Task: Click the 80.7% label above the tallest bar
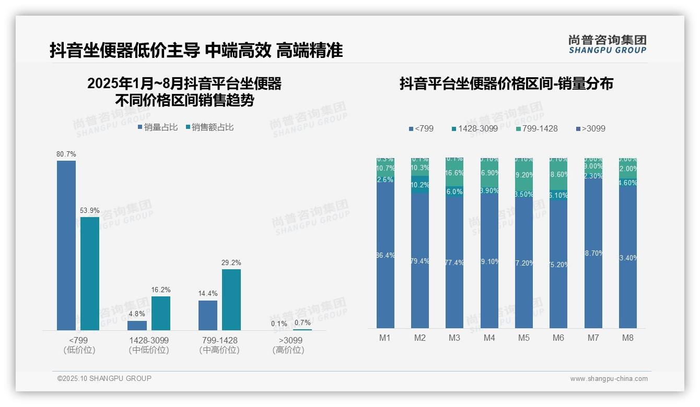tap(66, 154)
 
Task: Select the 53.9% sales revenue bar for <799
tap(90, 273)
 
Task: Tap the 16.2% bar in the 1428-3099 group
tap(161, 313)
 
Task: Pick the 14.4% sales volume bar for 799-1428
tap(208, 315)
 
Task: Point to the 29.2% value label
tap(231, 262)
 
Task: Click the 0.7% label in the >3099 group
tap(302, 322)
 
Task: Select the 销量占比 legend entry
tap(158, 127)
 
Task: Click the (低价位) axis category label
tap(79, 350)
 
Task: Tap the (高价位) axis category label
tap(288, 350)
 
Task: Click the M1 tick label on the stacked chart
tap(385, 338)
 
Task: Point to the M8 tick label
tap(628, 338)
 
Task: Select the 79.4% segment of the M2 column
tap(420, 261)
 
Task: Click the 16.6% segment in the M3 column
tap(454, 173)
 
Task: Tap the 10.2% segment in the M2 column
tap(420, 185)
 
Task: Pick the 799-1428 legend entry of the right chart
tap(537, 128)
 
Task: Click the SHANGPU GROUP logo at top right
tap(607, 44)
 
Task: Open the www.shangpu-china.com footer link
tap(609, 379)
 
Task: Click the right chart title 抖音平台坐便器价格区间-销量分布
tap(506, 83)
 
